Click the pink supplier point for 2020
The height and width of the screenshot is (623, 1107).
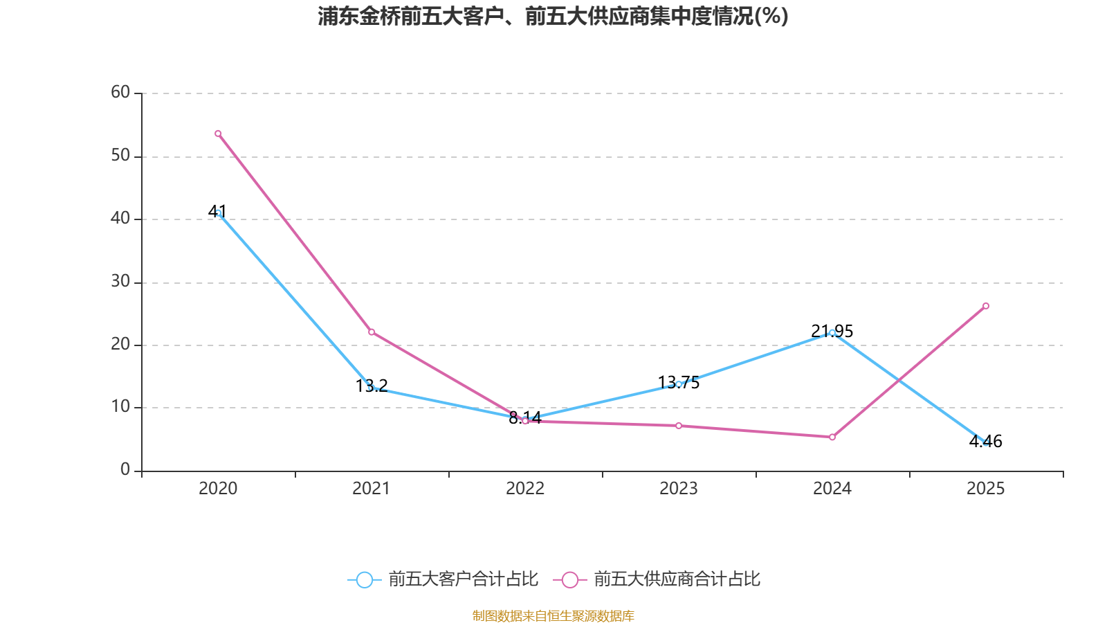(218, 134)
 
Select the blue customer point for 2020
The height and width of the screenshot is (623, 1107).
(219, 213)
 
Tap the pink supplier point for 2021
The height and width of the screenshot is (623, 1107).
(372, 332)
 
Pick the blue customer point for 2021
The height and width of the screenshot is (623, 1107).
(372, 388)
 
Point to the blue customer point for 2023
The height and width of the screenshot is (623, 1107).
(679, 383)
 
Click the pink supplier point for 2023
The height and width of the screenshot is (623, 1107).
(679, 426)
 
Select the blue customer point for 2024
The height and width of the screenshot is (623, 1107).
(832, 333)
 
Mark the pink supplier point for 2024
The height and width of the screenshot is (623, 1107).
(832, 437)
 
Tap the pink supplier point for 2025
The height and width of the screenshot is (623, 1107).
(986, 306)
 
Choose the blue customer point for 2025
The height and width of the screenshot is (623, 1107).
(986, 442)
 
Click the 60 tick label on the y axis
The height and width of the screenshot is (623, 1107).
(120, 92)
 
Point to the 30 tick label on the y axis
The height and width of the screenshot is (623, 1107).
(120, 281)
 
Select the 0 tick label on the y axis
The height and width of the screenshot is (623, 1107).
(125, 470)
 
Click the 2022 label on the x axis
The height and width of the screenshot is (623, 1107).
(525, 489)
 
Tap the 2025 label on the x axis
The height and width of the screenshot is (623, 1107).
(985, 489)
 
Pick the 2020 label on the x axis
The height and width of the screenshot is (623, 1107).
(218, 489)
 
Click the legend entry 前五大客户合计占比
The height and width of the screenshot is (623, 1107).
(443, 579)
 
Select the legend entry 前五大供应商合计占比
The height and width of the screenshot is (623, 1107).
(657, 579)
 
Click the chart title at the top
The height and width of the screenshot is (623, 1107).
(553, 16)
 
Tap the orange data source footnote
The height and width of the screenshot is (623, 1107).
(553, 615)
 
